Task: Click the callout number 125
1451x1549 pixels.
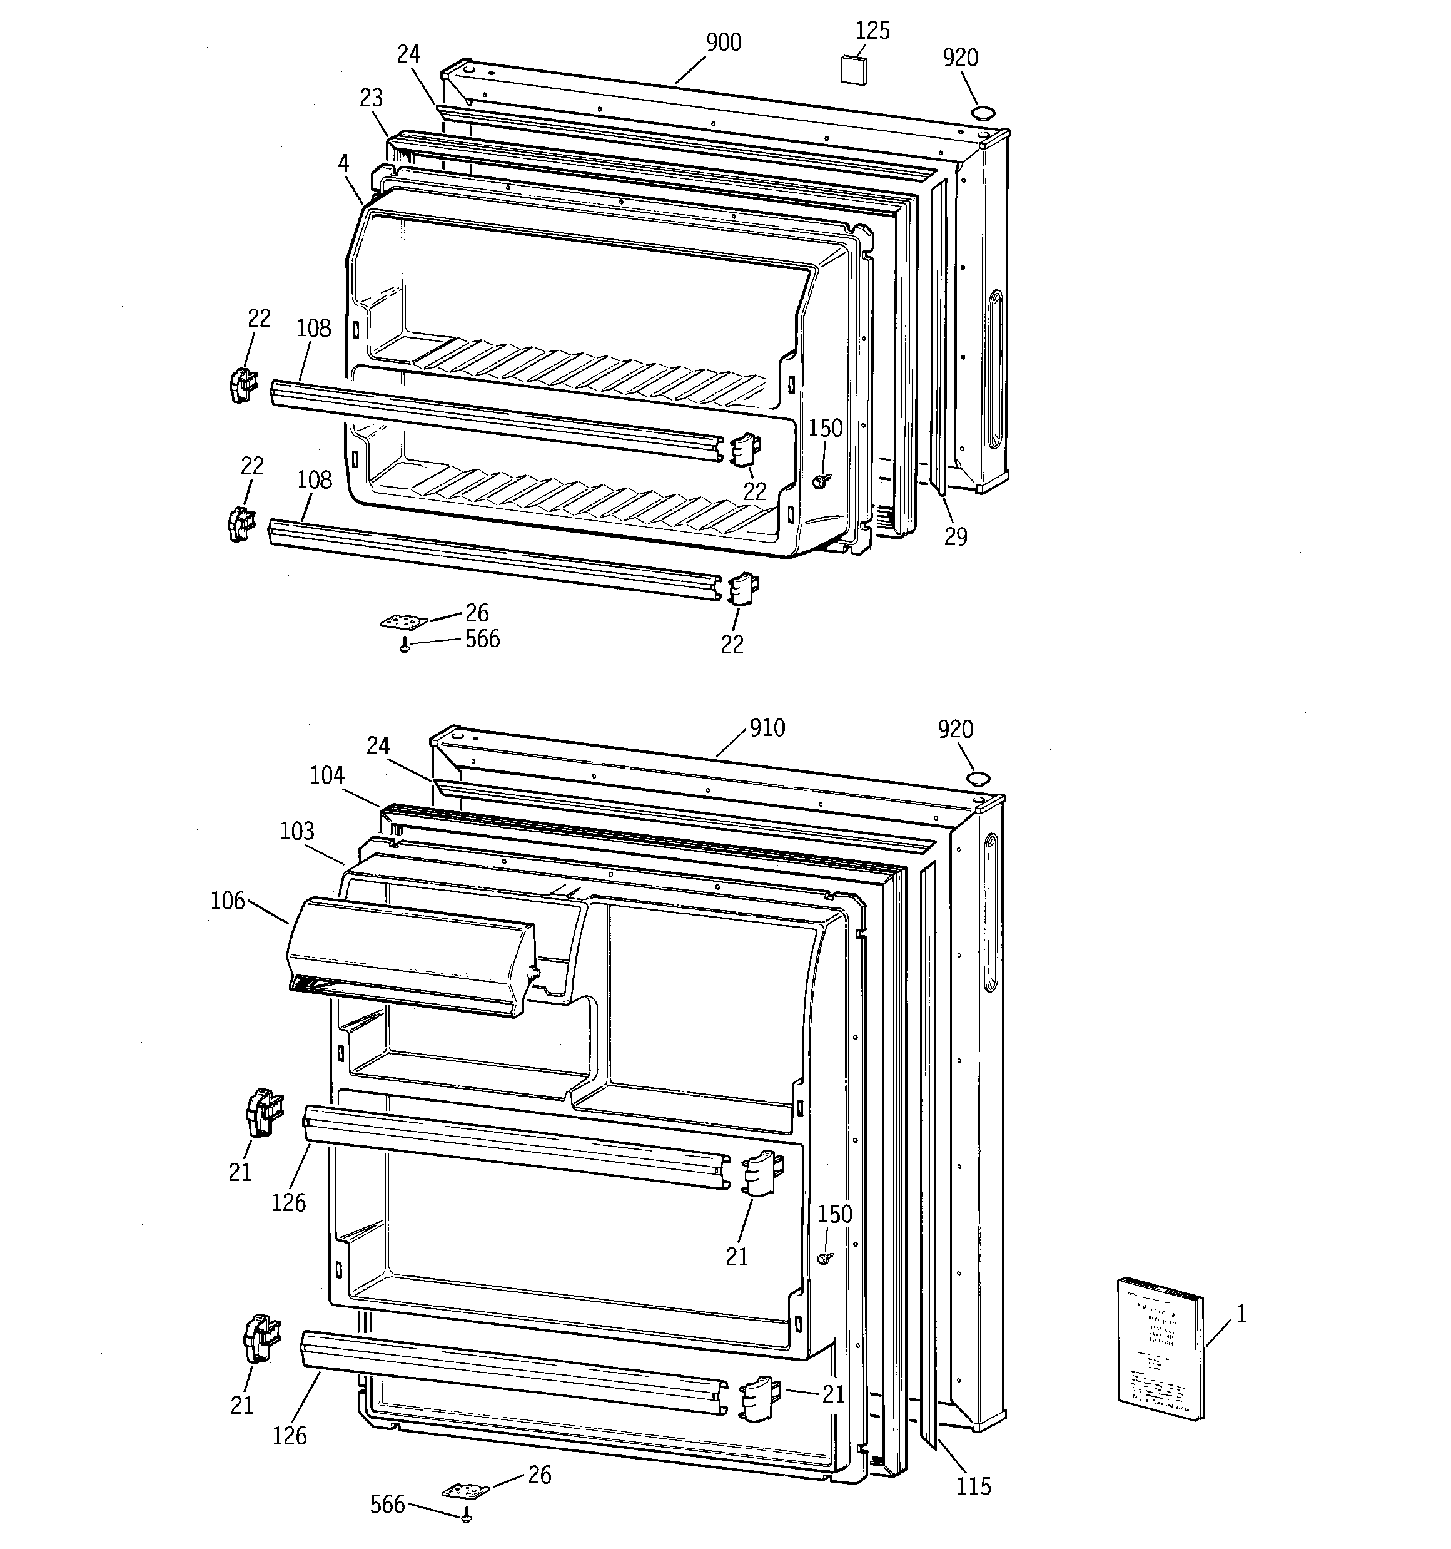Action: tap(872, 31)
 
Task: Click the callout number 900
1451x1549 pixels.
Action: tap(724, 42)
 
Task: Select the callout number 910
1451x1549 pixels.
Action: tap(767, 728)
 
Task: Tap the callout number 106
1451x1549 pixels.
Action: tap(228, 901)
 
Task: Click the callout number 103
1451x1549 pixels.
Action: tap(296, 831)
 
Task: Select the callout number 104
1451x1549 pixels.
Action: tap(327, 775)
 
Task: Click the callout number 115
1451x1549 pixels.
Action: tap(974, 1486)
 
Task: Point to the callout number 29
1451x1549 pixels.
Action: tap(956, 536)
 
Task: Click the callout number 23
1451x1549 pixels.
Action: tap(372, 98)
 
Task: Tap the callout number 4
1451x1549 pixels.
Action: tap(343, 163)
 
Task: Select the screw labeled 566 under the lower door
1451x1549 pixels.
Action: tap(467, 1515)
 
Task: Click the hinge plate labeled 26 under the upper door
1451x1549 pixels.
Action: tap(404, 621)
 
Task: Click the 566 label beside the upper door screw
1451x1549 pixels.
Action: tap(483, 639)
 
